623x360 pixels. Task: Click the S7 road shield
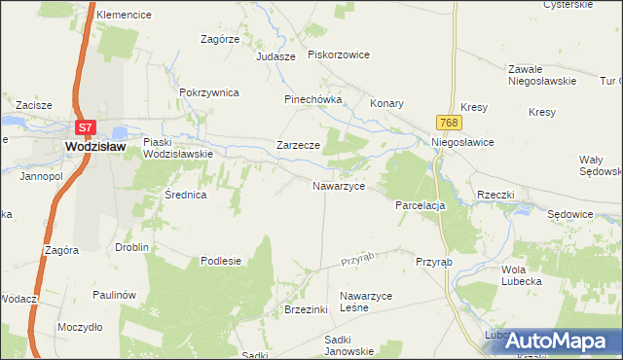coord(86,126)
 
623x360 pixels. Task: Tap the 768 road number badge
coord(449,122)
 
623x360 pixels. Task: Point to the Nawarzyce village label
coord(338,185)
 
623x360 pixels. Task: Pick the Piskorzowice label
coord(338,54)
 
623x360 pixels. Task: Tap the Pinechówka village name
coord(312,99)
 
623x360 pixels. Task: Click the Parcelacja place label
coord(420,206)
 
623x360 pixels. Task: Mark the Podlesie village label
coord(220,261)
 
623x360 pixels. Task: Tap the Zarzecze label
coord(298,145)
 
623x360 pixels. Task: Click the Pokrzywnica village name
coord(209,92)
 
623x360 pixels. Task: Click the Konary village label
coord(386,102)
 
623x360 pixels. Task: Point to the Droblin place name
coord(131,247)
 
